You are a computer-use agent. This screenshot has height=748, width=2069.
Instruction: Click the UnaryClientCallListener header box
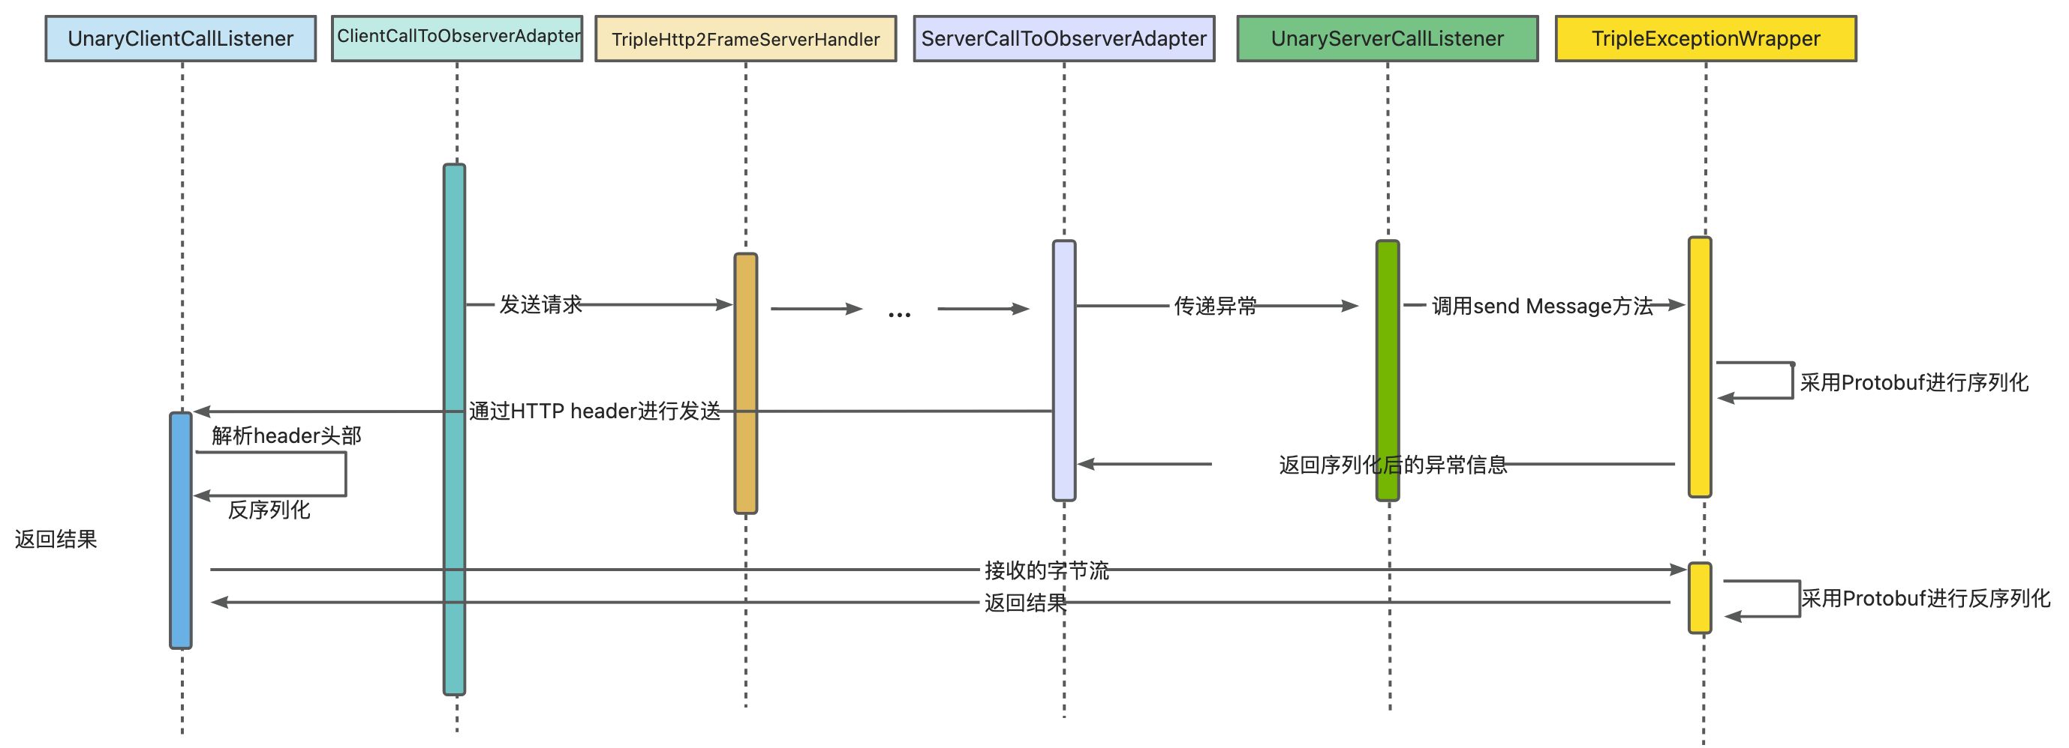click(181, 38)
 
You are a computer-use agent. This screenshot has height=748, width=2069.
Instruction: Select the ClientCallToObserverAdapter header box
click(457, 37)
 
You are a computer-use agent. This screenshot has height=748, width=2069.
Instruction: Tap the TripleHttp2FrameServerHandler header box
click(745, 39)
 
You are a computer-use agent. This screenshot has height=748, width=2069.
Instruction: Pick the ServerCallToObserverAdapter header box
click(1063, 38)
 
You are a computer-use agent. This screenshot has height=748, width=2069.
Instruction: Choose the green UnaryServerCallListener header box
click(1387, 38)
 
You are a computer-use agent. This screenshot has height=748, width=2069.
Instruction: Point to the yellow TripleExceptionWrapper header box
click(1705, 38)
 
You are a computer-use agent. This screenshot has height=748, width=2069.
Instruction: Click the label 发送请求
click(540, 305)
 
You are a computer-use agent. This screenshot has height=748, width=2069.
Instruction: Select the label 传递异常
click(1215, 306)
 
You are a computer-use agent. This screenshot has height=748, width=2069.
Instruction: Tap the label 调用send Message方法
click(1542, 306)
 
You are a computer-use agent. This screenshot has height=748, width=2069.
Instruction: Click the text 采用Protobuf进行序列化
click(1914, 383)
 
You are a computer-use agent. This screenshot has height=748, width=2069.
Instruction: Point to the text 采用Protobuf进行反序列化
click(1925, 599)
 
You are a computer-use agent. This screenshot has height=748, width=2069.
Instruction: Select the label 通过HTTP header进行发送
click(594, 411)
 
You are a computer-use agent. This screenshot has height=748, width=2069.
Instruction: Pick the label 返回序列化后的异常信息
click(1393, 465)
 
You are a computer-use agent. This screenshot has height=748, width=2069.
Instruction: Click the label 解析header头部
click(287, 435)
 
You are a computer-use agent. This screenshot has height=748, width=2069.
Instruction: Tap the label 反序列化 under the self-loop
click(269, 510)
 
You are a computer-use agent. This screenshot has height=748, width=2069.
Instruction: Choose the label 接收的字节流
click(1047, 570)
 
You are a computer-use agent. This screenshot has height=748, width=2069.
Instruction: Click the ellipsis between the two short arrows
click(900, 314)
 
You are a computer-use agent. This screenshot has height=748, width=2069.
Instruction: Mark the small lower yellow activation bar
click(1700, 598)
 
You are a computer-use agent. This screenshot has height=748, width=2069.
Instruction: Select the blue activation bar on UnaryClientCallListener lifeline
click(181, 530)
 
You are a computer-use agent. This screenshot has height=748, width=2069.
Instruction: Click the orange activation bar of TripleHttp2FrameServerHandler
click(745, 383)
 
